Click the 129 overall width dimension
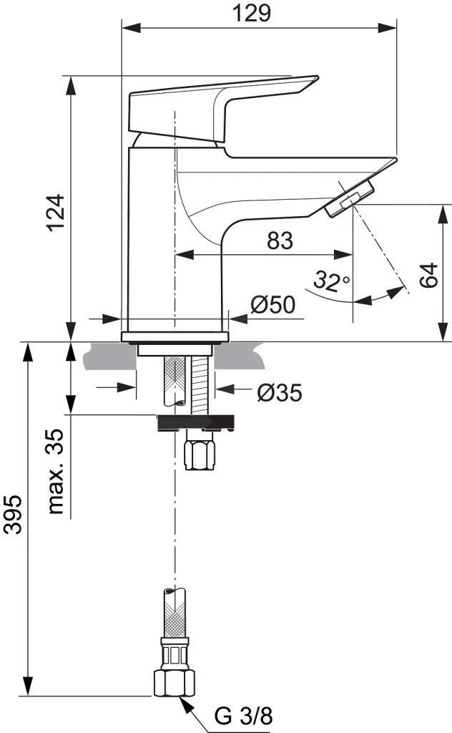coord(260,14)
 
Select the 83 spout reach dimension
coord(280,241)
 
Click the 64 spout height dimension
coord(428,275)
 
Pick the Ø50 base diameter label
coord(272,305)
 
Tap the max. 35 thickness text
coord(58,472)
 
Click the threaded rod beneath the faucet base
coord(200,383)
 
